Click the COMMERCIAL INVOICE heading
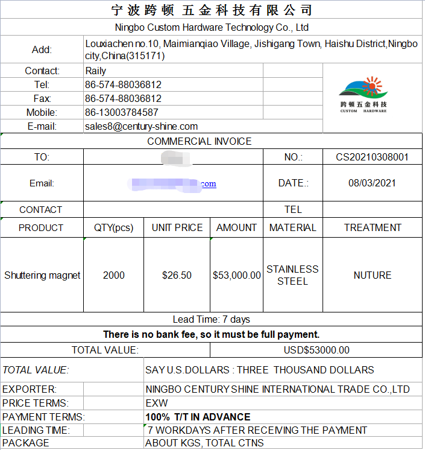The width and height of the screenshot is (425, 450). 200,141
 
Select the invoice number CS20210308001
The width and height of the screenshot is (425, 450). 372,157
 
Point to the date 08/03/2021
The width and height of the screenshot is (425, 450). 372,183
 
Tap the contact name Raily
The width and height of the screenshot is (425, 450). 96,71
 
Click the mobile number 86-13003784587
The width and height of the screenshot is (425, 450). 122,112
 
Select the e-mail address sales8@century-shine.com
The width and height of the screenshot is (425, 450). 141,126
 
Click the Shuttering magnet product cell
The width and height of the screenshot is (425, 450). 42,275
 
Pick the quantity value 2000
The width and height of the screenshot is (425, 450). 113,275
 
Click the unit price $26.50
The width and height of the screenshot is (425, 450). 177,275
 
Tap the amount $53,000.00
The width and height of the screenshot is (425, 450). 237,275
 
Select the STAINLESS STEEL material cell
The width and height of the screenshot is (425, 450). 292,275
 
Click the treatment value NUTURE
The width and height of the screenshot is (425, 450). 372,275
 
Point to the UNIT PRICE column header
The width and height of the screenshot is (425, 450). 177,227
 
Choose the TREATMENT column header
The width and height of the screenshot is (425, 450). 372,227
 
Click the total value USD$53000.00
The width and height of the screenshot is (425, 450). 316,350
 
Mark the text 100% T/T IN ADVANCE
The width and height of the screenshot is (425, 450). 198,417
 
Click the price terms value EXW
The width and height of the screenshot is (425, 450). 157,403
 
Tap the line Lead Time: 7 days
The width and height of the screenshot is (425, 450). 211,319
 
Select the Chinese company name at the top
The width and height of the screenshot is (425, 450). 212,10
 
